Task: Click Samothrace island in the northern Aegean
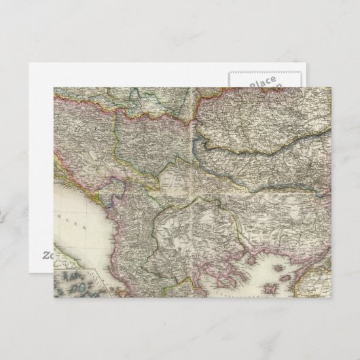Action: click(297, 257)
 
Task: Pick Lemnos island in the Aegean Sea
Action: click(289, 272)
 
